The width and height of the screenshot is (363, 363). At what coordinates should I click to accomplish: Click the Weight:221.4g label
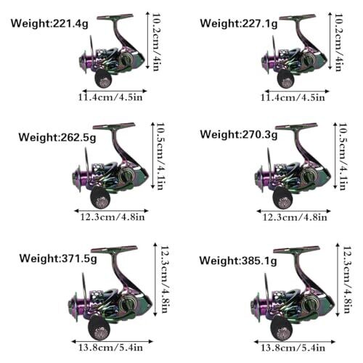tap(49, 24)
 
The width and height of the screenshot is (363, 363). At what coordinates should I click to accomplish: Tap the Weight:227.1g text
tap(239, 24)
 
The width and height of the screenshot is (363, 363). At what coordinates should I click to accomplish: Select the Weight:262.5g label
tap(57, 137)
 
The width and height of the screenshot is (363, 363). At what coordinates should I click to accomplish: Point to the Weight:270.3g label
tap(239, 134)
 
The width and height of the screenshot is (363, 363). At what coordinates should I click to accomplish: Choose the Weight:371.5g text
tap(58, 258)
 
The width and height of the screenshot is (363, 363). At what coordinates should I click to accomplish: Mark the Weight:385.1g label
tap(238, 261)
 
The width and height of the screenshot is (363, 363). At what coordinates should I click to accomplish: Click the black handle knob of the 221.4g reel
tap(103, 78)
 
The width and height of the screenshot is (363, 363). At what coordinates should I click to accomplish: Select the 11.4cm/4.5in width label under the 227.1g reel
tap(293, 97)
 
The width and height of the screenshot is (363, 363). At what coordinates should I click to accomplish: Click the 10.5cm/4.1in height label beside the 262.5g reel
tap(160, 156)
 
